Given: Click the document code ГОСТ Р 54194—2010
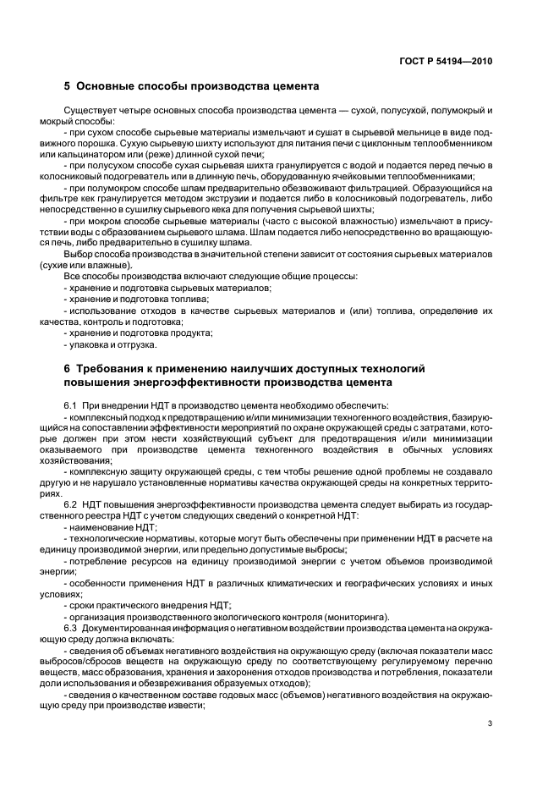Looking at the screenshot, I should click(x=447, y=61).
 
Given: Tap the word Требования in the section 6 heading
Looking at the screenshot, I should click(x=115, y=368).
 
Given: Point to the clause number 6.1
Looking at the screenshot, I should click(x=71, y=405).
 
